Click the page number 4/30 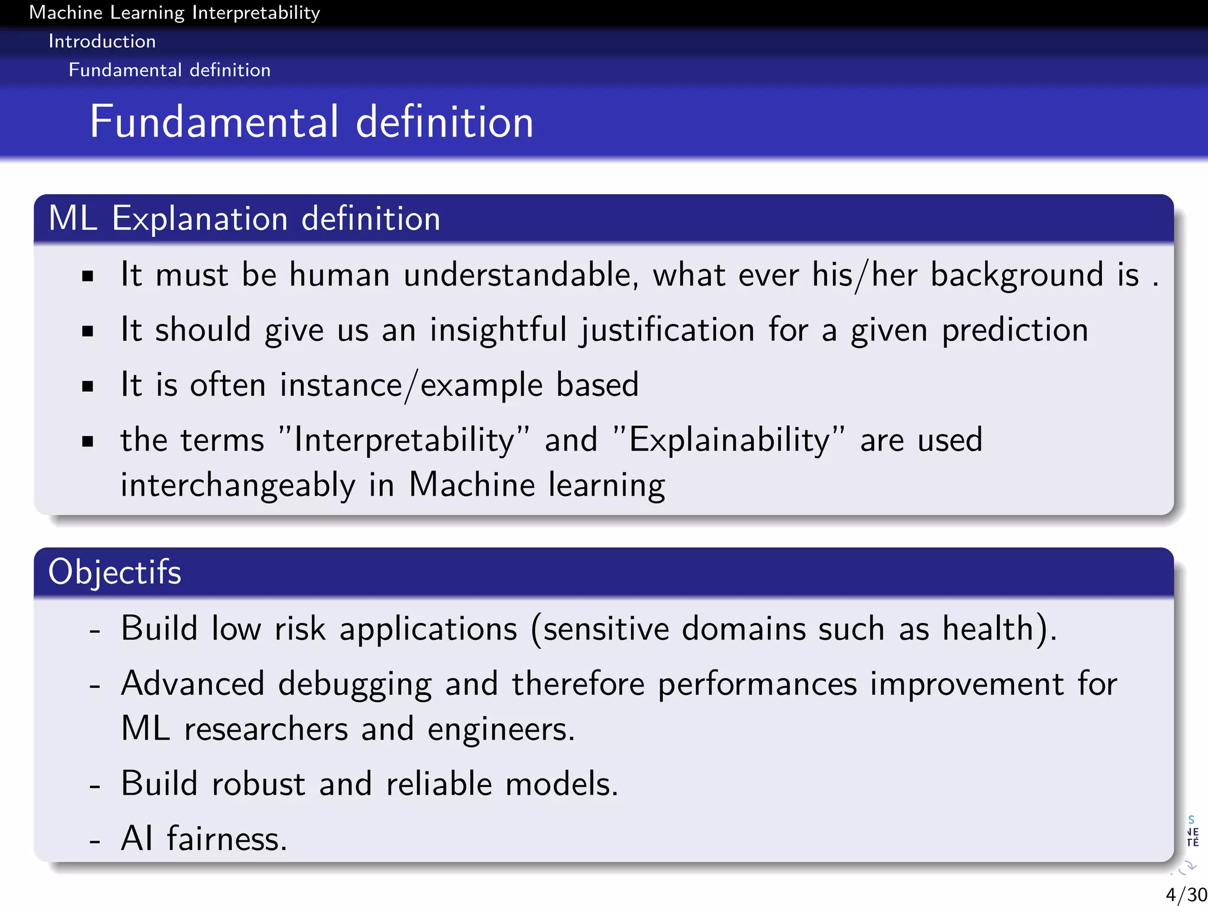[x=1186, y=894]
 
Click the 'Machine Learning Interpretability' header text [x=175, y=12]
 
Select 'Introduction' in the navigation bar [x=102, y=41]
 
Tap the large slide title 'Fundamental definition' [x=311, y=122]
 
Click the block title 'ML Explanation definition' [x=244, y=218]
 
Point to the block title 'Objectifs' [x=114, y=572]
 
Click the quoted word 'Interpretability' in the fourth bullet [x=404, y=440]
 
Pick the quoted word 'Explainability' [x=729, y=440]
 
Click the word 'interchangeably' [x=238, y=485]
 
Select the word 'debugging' [x=354, y=684]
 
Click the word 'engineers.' [x=501, y=729]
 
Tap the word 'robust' [x=258, y=784]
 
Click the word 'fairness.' [x=227, y=839]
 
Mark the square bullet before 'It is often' [x=88, y=386]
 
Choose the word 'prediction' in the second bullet [x=1015, y=330]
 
